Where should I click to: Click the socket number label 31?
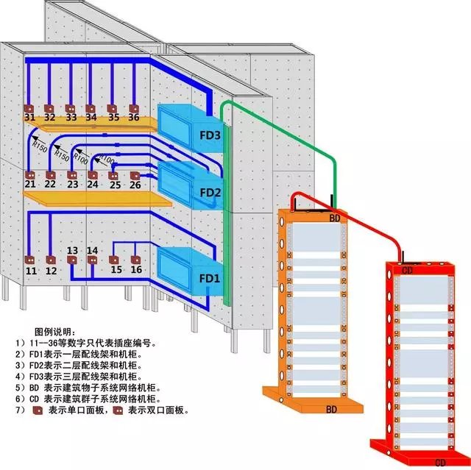[x=29, y=117]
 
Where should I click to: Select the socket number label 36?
[x=133, y=117]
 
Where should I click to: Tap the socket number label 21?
[x=29, y=185]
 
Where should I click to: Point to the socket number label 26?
[x=135, y=185]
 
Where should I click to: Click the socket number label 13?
[x=72, y=252]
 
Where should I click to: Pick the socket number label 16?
[x=136, y=270]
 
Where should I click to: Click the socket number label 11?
[x=30, y=271]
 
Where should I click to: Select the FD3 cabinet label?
[x=210, y=135]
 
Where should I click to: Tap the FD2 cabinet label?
[x=210, y=193]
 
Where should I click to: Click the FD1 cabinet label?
[x=210, y=279]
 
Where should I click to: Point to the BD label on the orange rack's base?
[x=332, y=407]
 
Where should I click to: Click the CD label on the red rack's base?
[x=440, y=462]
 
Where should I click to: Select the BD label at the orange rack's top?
[x=334, y=218]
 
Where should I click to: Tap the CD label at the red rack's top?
[x=408, y=270]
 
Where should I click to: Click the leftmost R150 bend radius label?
[x=40, y=147]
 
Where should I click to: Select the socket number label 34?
[x=91, y=117]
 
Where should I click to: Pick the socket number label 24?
[x=92, y=185]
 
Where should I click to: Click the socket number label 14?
[x=93, y=252]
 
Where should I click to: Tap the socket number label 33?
[x=71, y=117]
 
